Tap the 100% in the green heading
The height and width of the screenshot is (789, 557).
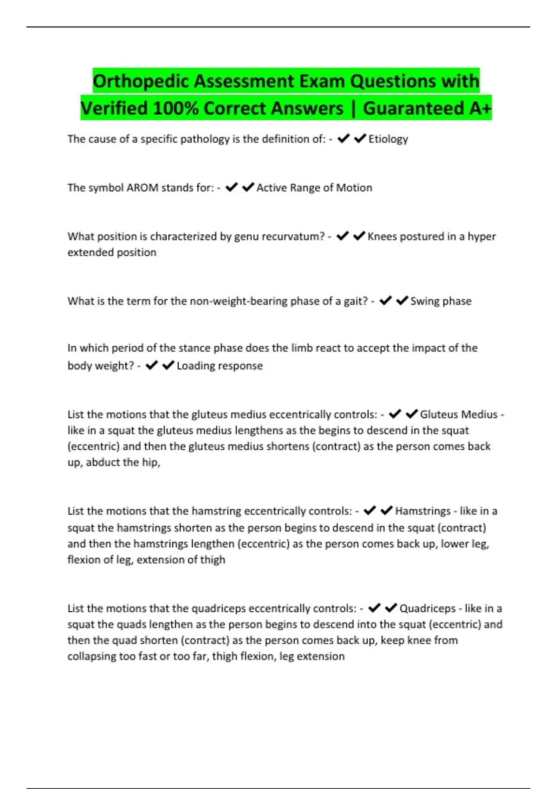pos(175,108)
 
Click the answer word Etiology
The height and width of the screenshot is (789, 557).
pos(388,139)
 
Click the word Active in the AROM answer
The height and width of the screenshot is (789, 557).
pos(272,188)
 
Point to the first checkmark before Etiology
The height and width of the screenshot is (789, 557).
pos(343,139)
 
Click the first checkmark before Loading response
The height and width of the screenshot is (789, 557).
pos(152,366)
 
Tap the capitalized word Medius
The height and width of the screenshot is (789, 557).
pos(481,414)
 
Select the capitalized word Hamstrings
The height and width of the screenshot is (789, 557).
pos(423,511)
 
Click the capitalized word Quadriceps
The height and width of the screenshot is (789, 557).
pos(427,608)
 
